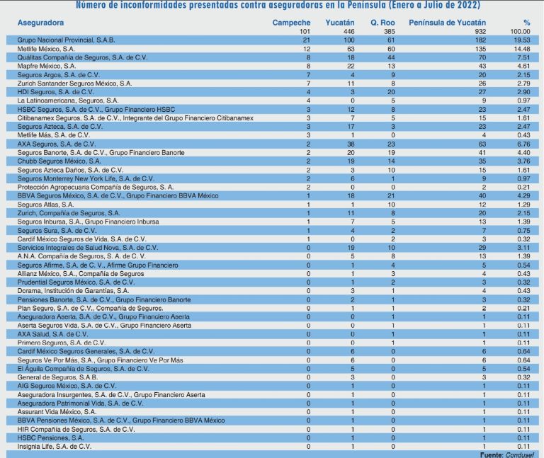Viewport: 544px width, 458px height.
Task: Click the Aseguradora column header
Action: (x=40, y=23)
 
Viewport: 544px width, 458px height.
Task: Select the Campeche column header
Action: (x=291, y=23)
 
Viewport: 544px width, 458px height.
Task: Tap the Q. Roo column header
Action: (x=382, y=23)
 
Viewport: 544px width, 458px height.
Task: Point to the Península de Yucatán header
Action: (x=447, y=23)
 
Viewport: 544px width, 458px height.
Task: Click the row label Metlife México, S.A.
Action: (x=46, y=49)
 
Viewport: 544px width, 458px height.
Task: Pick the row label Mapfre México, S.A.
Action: (x=47, y=66)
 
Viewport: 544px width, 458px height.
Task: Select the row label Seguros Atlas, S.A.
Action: (x=45, y=205)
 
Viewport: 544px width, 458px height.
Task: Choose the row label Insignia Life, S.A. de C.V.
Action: (x=54, y=447)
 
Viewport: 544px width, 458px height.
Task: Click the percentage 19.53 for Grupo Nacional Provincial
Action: (x=522, y=40)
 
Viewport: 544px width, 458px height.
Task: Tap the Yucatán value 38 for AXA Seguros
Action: (x=351, y=144)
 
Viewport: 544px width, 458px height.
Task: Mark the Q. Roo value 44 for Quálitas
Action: (x=391, y=57)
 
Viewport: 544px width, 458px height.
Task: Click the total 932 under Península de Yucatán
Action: (x=480, y=32)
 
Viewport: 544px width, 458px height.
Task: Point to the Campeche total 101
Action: (x=305, y=32)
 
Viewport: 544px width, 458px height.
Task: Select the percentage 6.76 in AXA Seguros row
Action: (x=523, y=144)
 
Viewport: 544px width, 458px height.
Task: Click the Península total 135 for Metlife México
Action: (x=480, y=49)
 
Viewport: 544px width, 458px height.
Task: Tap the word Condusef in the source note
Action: (x=519, y=454)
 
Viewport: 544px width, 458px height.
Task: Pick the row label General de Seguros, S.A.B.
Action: (x=57, y=377)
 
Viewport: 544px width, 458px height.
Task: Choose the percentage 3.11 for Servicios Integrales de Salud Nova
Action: (x=523, y=248)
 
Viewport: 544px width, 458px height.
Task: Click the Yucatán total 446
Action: (x=348, y=32)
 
